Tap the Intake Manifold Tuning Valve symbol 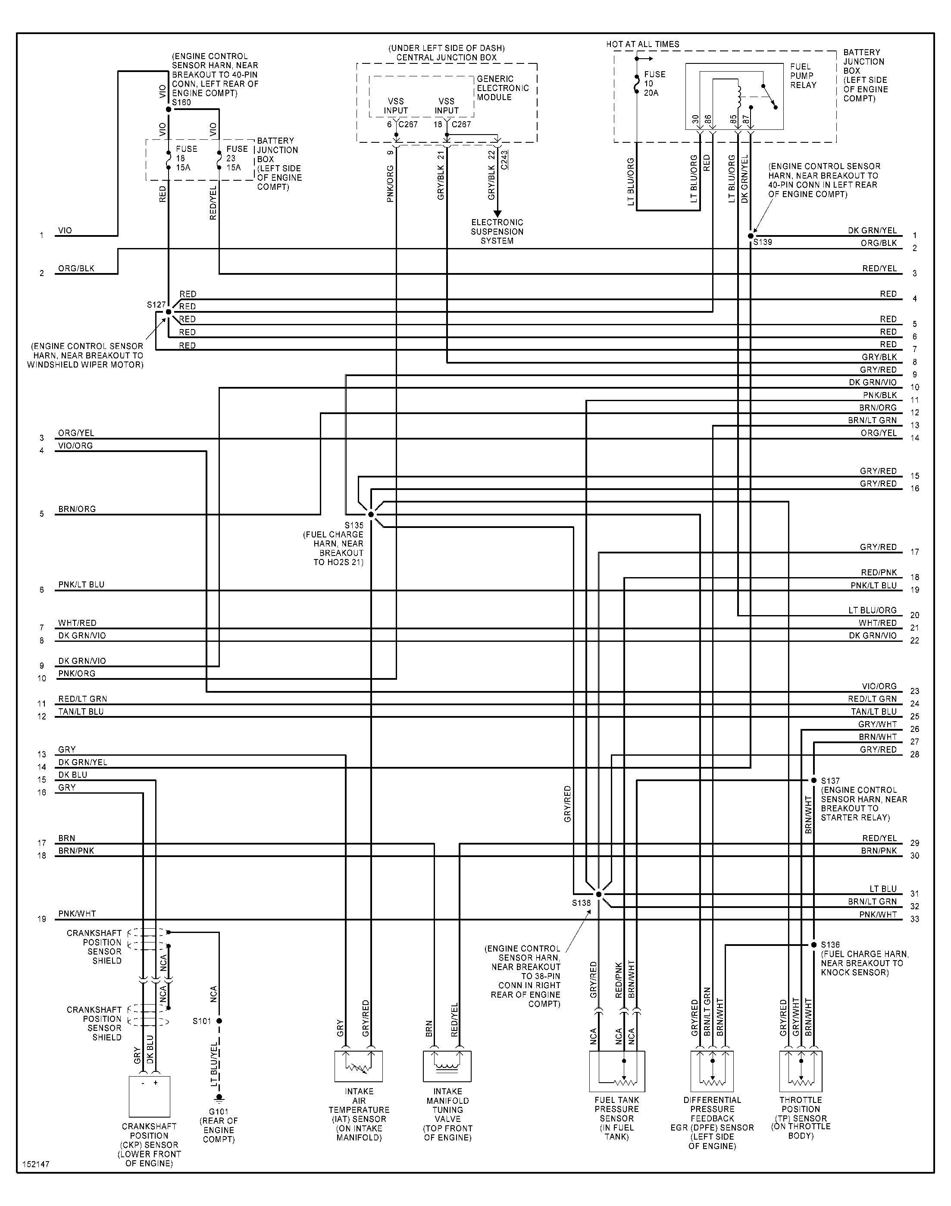[x=447, y=1066]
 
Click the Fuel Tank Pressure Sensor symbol [x=617, y=1071]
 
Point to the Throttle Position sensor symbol [x=801, y=1071]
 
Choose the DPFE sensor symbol [x=712, y=1071]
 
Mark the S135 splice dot [x=371, y=514]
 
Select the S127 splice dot [x=168, y=312]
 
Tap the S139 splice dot [x=751, y=236]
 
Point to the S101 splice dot [x=219, y=1021]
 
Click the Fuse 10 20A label [x=654, y=84]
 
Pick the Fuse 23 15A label [x=237, y=158]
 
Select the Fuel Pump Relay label [x=803, y=76]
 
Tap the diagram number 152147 [x=36, y=1164]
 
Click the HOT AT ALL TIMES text [x=642, y=44]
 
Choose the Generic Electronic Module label [x=502, y=88]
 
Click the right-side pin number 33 [x=915, y=919]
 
